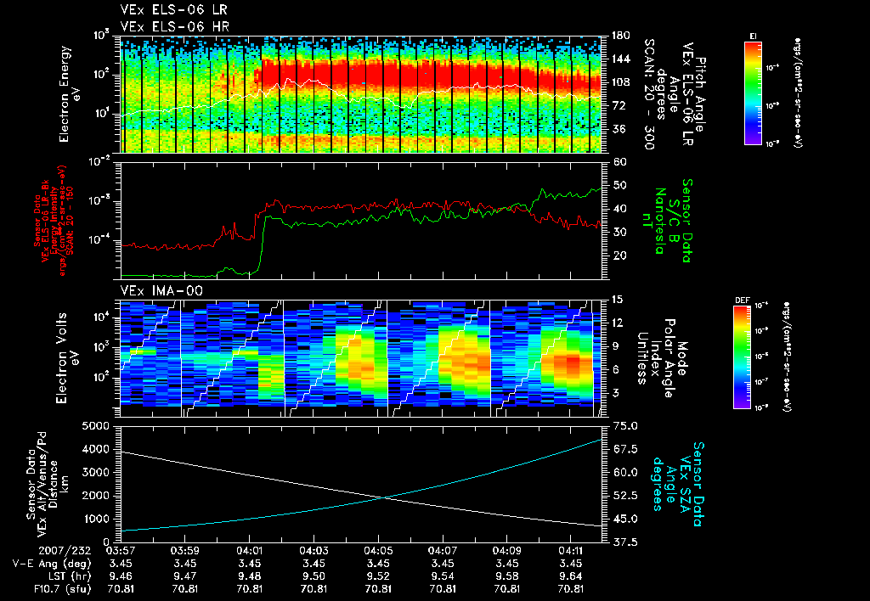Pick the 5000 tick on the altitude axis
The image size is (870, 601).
[x=100, y=425]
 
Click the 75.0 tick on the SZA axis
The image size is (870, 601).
[x=625, y=425]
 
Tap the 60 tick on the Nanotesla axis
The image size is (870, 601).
[x=618, y=161]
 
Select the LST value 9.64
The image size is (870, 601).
[x=571, y=576]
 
